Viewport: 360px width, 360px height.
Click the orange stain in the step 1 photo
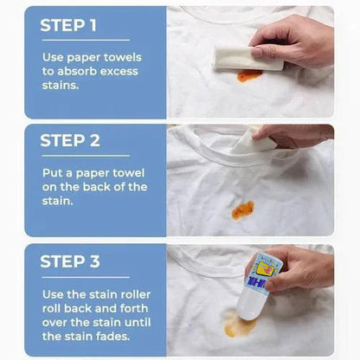[249, 76]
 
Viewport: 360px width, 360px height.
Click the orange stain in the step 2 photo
[242, 209]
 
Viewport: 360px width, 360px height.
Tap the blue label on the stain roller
[262, 282]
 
